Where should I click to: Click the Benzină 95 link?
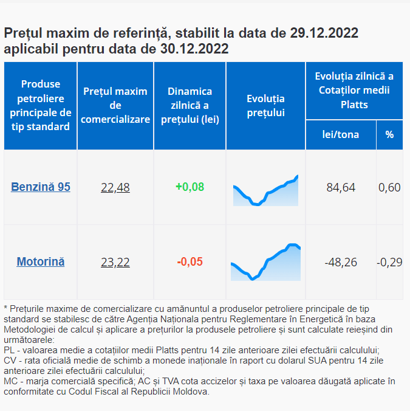pos(41,187)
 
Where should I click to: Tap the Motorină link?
pos(41,262)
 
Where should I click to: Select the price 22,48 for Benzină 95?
pos(115,187)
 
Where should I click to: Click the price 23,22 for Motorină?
pos(115,263)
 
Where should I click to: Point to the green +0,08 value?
pos(190,187)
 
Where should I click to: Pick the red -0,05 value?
pos(190,262)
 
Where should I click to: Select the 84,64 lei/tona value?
pos(341,187)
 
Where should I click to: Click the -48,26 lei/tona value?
pos(341,263)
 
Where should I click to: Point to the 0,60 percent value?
pos(389,187)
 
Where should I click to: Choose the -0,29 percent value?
pos(389,263)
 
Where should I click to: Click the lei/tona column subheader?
pos(341,134)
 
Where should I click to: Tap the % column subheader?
pos(389,134)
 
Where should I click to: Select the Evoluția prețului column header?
pos(265,106)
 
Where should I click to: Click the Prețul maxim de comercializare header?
pos(115,106)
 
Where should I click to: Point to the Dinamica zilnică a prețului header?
pos(190,106)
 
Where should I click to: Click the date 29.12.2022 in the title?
pos(324,33)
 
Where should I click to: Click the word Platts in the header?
pos(354,105)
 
